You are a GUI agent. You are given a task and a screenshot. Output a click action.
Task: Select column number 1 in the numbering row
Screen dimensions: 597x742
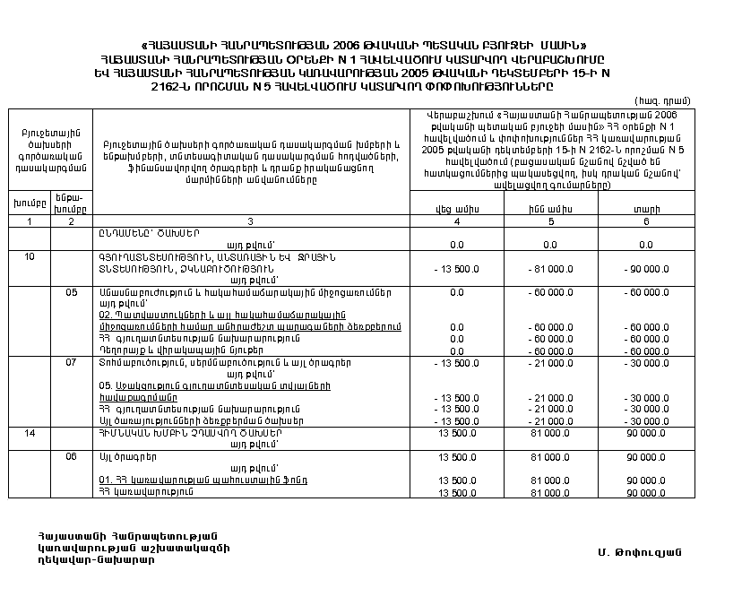pos(29,221)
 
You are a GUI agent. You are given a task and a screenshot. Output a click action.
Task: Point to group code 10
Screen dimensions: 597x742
pos(29,255)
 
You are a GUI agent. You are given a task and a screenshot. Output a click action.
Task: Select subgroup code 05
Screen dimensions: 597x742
pos(72,292)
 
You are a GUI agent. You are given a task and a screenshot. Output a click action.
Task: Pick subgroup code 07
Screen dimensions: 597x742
pos(72,362)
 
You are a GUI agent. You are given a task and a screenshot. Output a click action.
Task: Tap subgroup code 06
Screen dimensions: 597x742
pos(72,456)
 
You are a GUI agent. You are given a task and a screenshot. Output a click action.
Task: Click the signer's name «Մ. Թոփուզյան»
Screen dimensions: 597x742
pos(634,549)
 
